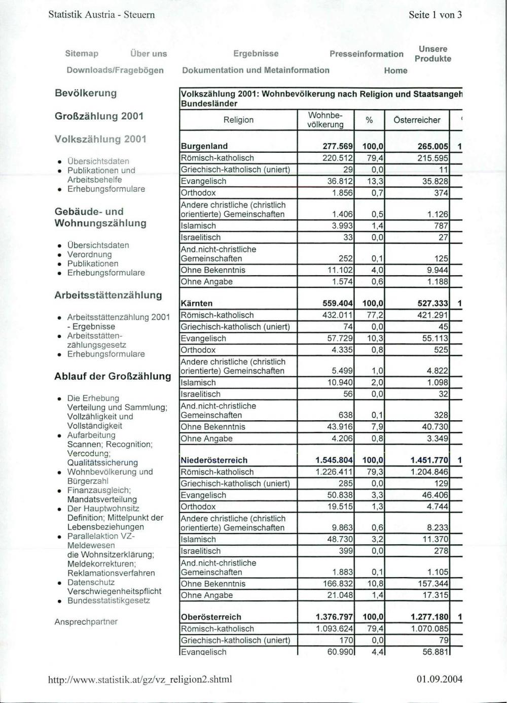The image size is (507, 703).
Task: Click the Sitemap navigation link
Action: pyautogui.click(x=82, y=54)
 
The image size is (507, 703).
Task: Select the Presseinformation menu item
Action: pyautogui.click(x=366, y=54)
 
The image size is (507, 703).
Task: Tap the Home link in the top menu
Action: pyautogui.click(x=395, y=71)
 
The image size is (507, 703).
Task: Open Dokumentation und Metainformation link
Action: pyautogui.click(x=256, y=71)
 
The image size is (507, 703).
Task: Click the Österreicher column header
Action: pyautogui.click(x=417, y=120)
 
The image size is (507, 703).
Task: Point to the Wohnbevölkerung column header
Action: pyautogui.click(x=325, y=120)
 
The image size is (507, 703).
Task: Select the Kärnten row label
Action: pyautogui.click(x=197, y=304)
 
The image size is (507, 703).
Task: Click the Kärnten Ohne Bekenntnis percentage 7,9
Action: pyautogui.click(x=377, y=427)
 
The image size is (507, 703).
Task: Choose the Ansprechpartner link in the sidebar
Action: pyautogui.click(x=86, y=622)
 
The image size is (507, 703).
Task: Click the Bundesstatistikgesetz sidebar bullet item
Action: pyautogui.click(x=108, y=600)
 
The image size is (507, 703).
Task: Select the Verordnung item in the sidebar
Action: pyautogui.click(x=89, y=254)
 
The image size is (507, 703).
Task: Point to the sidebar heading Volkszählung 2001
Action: pyautogui.click(x=100, y=139)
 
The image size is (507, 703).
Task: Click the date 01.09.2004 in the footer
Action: pyautogui.click(x=440, y=679)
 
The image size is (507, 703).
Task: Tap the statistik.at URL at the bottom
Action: pyautogui.click(x=140, y=679)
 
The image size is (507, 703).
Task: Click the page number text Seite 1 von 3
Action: pyautogui.click(x=435, y=15)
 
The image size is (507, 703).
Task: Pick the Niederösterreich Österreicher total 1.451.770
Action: pyautogui.click(x=429, y=460)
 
